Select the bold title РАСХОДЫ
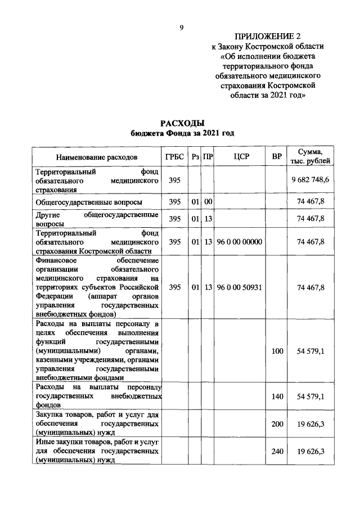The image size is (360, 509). pos(181,123)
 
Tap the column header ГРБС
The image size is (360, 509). pos(175,156)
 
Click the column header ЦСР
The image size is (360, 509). pos(241,156)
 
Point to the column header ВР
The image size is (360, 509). pos(276,156)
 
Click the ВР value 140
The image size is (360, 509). pos(277,397)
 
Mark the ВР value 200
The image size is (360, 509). pos(277,424)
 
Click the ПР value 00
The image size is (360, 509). pos(208,201)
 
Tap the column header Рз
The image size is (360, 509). pos(195,156)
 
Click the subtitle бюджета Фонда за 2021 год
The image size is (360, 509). pos(181,133)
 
